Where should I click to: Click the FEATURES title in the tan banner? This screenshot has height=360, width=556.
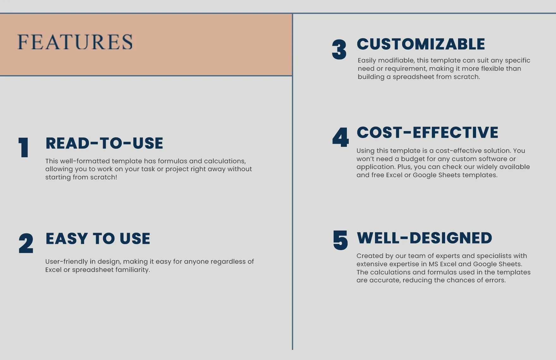click(75, 42)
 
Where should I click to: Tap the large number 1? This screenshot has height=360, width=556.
click(24, 147)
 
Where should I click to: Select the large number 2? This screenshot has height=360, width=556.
click(26, 243)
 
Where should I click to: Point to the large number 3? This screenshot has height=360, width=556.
click(339, 50)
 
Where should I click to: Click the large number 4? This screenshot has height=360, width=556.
click(341, 137)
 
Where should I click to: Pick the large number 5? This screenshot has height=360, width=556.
click(341, 240)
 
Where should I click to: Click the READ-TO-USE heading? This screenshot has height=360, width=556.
click(104, 143)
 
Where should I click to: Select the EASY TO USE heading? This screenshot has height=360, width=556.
click(98, 239)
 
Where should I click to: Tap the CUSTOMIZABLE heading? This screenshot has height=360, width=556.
click(421, 44)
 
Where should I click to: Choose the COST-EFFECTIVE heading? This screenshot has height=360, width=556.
click(427, 133)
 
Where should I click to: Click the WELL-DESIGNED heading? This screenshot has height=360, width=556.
click(424, 238)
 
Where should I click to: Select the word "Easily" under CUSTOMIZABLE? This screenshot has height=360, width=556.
click(367, 61)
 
